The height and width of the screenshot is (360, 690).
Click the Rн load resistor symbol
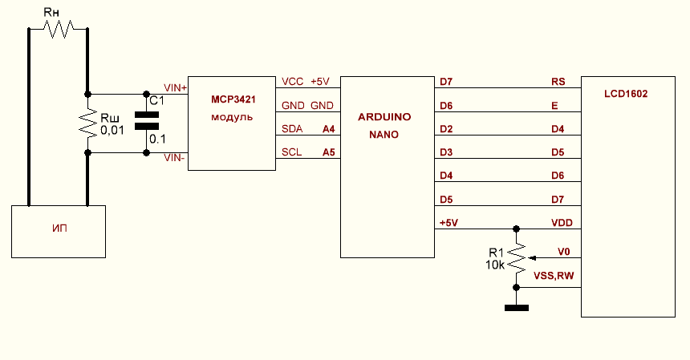pyautogui.click(x=58, y=30)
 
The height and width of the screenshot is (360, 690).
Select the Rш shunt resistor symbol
pyautogui.click(x=87, y=122)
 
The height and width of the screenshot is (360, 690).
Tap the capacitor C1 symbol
pyautogui.click(x=146, y=121)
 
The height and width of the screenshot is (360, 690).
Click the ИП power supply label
pyautogui.click(x=58, y=229)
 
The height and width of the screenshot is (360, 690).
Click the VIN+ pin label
pyautogui.click(x=175, y=87)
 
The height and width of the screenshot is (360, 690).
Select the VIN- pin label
pyautogui.click(x=175, y=157)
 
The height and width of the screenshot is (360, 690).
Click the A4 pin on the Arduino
pyautogui.click(x=328, y=128)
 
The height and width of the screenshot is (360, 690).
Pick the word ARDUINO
pyautogui.click(x=384, y=117)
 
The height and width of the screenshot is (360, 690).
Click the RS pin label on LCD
pyautogui.click(x=558, y=82)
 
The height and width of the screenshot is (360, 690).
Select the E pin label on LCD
pyautogui.click(x=554, y=105)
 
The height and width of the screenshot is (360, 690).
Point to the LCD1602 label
pyautogui.click(x=626, y=94)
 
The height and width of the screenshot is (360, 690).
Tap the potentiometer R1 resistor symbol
pyautogui.click(x=517, y=258)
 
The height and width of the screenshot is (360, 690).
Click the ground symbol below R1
pyautogui.click(x=517, y=307)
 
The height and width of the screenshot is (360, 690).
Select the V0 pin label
pyautogui.click(x=563, y=253)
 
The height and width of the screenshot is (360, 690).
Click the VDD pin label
pyautogui.click(x=561, y=222)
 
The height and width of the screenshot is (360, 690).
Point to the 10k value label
pyautogui.click(x=494, y=265)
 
